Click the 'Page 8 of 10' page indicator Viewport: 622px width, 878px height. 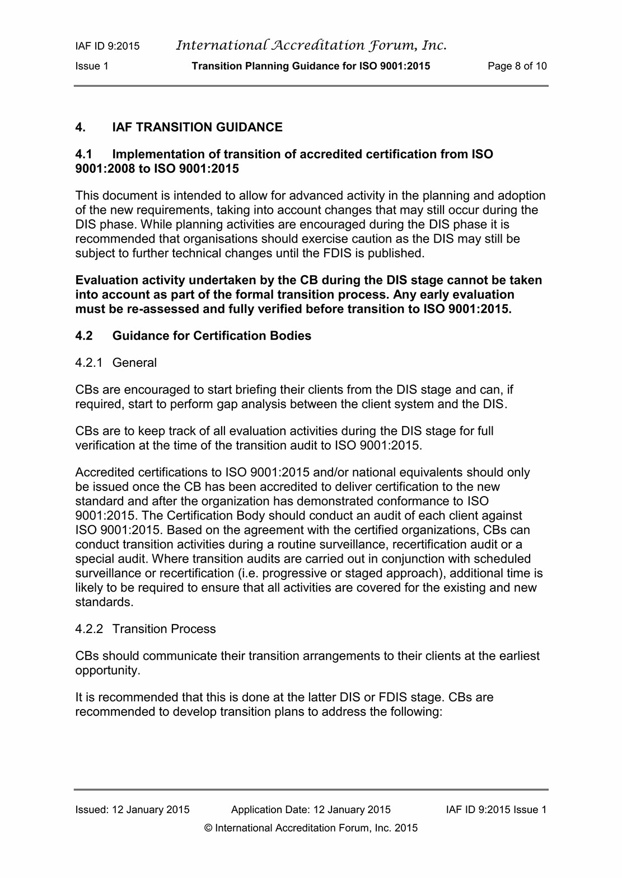click(517, 66)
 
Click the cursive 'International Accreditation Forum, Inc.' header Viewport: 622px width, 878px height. click(311, 45)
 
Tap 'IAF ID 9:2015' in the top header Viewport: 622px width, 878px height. click(107, 46)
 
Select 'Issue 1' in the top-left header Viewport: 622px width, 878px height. click(92, 66)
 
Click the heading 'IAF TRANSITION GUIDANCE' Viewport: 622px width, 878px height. click(197, 128)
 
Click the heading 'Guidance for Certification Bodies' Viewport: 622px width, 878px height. click(212, 336)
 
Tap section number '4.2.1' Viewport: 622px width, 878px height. click(88, 362)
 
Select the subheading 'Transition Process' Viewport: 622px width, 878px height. click(163, 629)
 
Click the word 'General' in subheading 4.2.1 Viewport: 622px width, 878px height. click(134, 362)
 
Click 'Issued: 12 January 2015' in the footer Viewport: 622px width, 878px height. click(133, 809)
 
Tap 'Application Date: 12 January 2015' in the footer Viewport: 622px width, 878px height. click(311, 809)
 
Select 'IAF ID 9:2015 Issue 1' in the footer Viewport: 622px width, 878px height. click(496, 809)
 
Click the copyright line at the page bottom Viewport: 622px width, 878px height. click(311, 828)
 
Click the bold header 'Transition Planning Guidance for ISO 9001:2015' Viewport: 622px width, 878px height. click(311, 66)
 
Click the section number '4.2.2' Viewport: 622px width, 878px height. click(89, 629)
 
